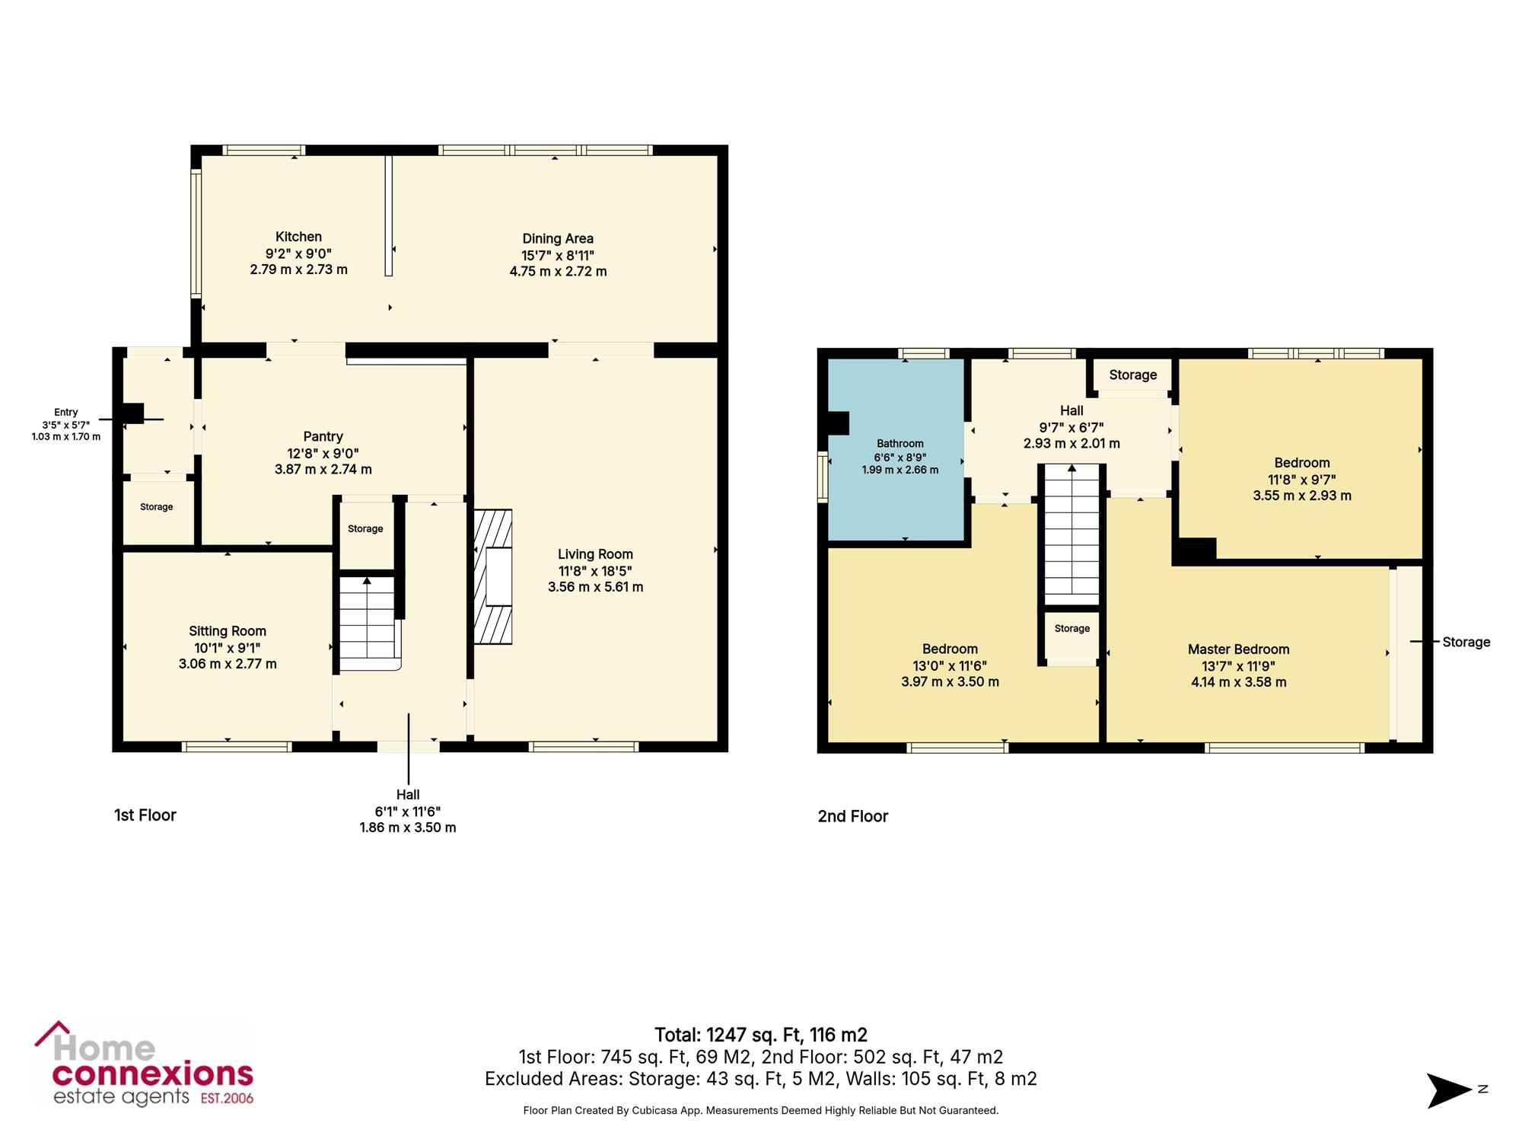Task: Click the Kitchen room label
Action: click(298, 237)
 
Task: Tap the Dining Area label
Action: click(558, 238)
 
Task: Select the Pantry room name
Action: click(323, 436)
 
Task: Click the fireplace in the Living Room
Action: click(493, 576)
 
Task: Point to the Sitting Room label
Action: click(228, 631)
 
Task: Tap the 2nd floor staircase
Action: click(1072, 534)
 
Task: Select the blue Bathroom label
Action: click(900, 443)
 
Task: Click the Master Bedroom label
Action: click(1239, 649)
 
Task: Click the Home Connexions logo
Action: click(145, 1064)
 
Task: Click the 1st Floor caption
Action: click(145, 815)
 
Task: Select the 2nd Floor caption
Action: click(853, 816)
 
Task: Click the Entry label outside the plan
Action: click(66, 412)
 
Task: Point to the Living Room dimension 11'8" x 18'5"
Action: click(595, 571)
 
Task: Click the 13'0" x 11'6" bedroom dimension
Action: click(950, 665)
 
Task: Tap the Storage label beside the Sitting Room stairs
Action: click(365, 528)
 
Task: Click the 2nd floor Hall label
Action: click(1071, 410)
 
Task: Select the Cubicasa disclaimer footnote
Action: click(761, 1111)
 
